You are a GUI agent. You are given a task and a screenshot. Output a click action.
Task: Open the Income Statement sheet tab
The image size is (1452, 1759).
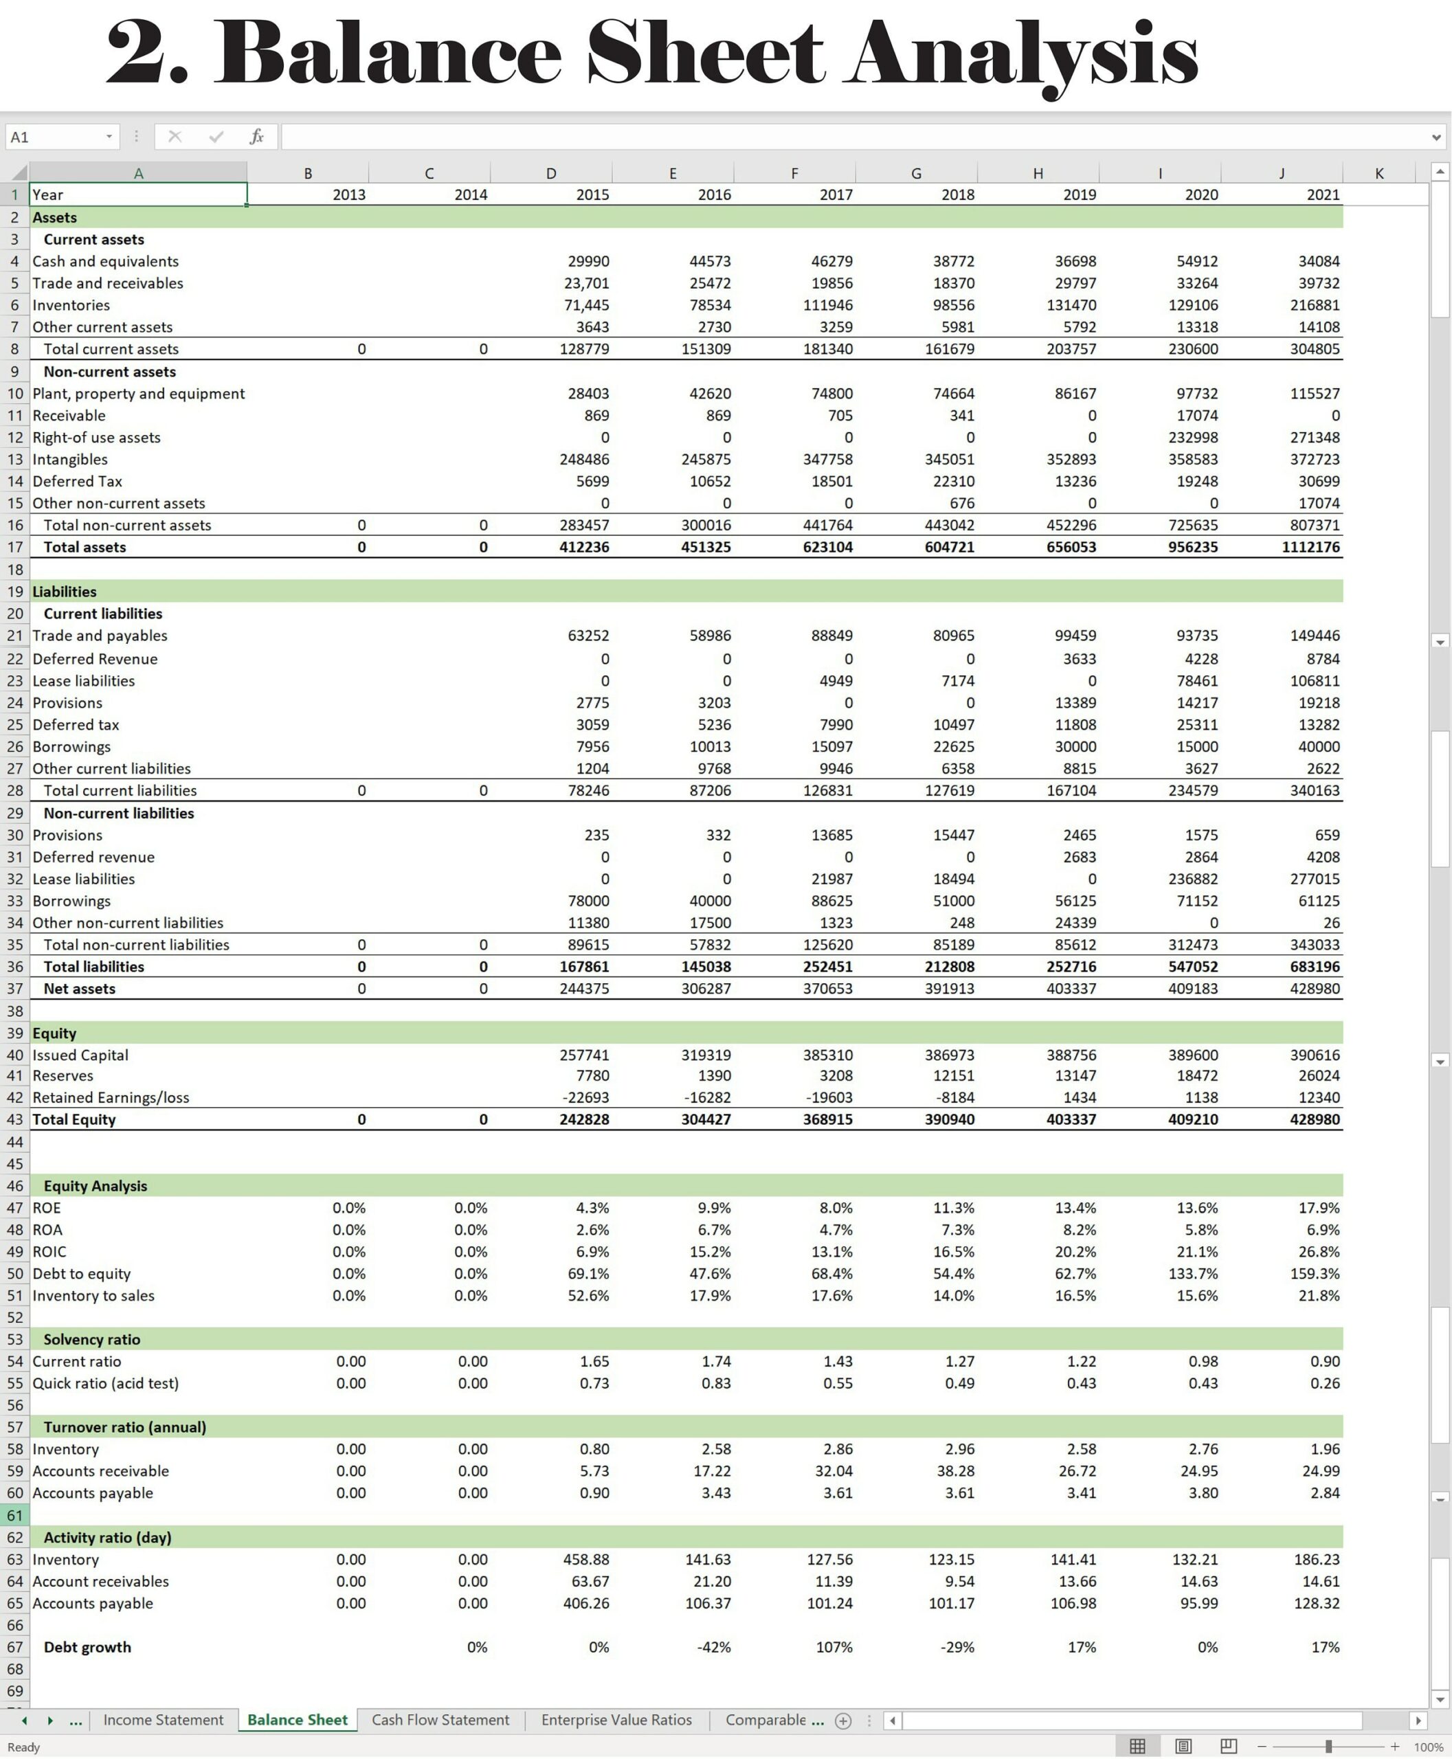(x=163, y=1720)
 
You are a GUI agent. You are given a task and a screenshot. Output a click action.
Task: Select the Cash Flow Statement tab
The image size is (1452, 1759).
(x=440, y=1720)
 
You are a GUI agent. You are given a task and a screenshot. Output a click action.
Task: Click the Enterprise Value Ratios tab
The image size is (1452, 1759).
(x=616, y=1720)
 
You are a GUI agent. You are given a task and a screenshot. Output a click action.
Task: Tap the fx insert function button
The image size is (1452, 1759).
(x=257, y=136)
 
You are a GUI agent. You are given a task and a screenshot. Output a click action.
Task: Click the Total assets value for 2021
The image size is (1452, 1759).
(x=1310, y=547)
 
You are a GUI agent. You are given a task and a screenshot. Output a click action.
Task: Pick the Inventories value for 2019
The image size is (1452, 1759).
(x=1071, y=305)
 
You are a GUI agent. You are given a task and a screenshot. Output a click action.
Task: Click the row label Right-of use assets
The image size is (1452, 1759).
(x=96, y=438)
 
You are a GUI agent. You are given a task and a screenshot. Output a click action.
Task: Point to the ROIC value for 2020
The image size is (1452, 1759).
(x=1196, y=1251)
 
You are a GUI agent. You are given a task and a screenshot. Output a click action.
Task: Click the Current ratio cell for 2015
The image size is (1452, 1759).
(x=594, y=1361)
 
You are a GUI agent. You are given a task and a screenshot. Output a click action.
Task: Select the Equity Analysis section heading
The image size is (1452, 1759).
(x=96, y=1185)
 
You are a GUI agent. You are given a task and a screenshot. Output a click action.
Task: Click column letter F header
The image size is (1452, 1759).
(x=794, y=173)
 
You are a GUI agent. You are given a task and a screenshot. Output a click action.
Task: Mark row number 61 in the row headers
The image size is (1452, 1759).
(x=15, y=1515)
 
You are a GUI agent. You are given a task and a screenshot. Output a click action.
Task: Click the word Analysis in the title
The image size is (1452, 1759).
(x=1020, y=54)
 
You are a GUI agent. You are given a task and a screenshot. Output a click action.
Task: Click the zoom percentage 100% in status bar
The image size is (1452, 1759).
(x=1428, y=1747)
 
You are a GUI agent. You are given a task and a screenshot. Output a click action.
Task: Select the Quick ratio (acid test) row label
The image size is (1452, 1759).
(x=105, y=1382)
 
